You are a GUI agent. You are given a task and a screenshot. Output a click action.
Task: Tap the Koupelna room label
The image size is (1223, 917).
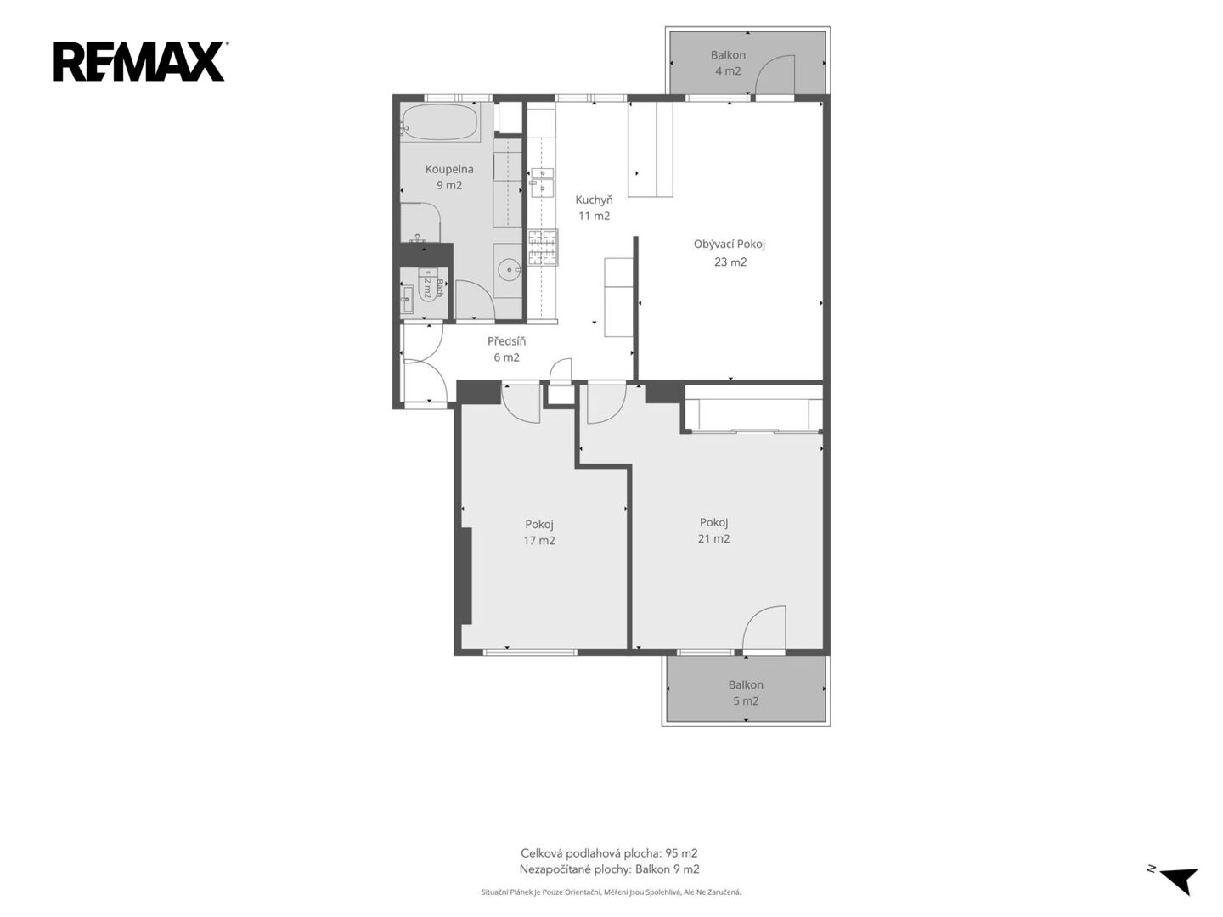point(449,177)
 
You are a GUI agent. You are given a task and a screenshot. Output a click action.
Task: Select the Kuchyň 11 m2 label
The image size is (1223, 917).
point(594,208)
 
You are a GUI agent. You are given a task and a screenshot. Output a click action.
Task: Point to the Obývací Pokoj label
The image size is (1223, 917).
point(730,253)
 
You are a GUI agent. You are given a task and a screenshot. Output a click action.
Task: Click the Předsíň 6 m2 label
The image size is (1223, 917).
point(506,349)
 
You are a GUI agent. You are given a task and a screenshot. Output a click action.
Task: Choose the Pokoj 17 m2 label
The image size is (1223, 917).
point(538,532)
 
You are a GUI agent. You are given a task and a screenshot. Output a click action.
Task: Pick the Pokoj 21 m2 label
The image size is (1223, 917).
point(713,531)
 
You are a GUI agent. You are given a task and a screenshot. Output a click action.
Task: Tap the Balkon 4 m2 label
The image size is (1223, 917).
point(728,63)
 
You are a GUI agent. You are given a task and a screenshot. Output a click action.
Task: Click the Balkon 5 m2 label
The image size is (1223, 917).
point(746,693)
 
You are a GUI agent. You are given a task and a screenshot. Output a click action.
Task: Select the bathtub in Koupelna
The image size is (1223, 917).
point(440,122)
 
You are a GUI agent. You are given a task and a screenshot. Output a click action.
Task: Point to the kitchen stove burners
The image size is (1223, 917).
point(543,247)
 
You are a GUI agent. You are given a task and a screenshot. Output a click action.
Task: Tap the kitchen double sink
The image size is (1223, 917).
point(541,183)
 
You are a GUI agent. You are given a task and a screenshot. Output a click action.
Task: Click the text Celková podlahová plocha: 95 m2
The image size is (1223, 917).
point(609,853)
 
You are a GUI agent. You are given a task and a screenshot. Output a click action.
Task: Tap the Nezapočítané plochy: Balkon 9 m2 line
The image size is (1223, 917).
point(609,869)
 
